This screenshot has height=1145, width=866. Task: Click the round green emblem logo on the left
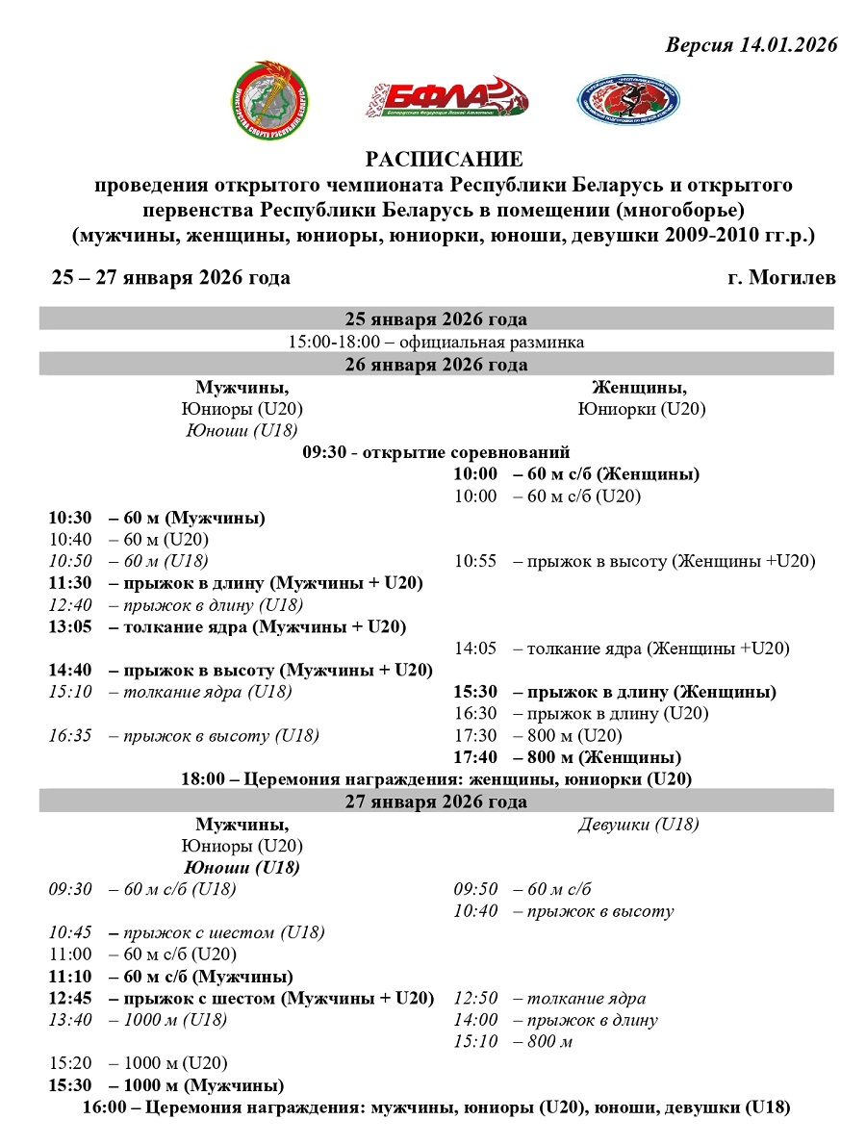click(272, 100)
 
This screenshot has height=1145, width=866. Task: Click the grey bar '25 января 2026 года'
click(436, 319)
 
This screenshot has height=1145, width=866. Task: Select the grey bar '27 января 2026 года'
click(436, 801)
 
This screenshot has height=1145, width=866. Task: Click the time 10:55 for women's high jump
click(475, 562)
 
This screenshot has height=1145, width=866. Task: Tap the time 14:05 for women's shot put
click(475, 649)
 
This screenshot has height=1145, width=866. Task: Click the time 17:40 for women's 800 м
click(476, 757)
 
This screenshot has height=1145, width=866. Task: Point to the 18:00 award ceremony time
click(201, 779)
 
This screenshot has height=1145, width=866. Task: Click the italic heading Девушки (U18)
click(638, 825)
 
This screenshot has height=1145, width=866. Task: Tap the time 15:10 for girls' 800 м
click(475, 1042)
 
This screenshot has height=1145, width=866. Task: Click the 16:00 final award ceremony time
click(103, 1107)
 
